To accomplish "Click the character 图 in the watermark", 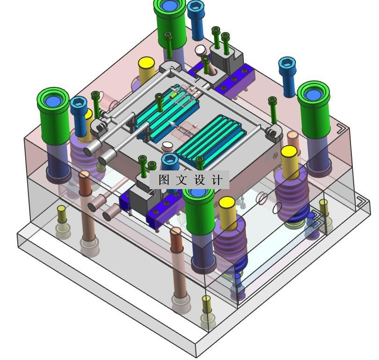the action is pyautogui.click(x=164, y=180).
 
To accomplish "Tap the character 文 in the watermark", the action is pyautogui.click(x=181, y=180).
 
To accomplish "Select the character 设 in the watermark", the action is pyautogui.click(x=200, y=180).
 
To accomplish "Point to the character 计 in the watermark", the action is pyautogui.click(x=217, y=180).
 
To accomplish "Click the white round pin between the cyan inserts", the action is pyautogui.click(x=167, y=145).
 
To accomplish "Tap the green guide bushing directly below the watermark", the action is pyautogui.click(x=199, y=211).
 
